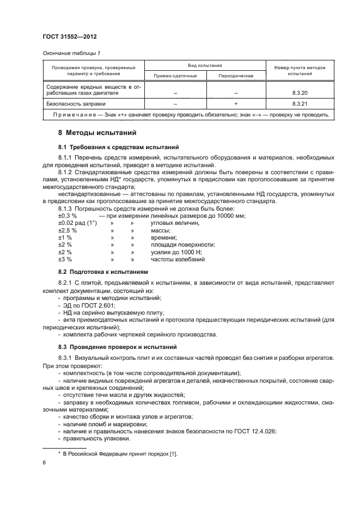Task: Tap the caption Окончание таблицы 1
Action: coord(71,53)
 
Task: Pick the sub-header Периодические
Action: coord(235,76)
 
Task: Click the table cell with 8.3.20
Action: coord(300,93)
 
